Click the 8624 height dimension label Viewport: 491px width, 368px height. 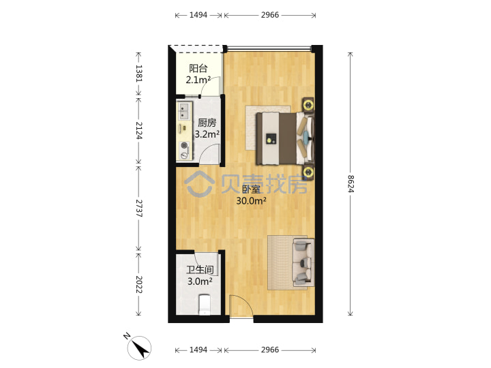click(351, 184)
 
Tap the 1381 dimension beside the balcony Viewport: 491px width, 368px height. click(138, 74)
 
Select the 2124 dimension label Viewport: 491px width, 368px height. click(138, 130)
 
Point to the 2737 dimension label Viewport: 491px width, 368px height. click(138, 209)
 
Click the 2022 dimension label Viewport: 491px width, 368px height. click(138, 284)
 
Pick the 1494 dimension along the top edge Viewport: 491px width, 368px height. click(198, 15)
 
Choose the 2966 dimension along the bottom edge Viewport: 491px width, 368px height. click(270, 350)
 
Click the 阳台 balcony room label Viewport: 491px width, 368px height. click(198, 68)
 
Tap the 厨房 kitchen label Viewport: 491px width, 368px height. click(207, 123)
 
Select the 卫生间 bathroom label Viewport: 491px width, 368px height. click(200, 270)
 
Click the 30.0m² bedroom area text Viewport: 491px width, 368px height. click(251, 200)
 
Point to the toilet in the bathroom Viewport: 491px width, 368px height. click(205, 304)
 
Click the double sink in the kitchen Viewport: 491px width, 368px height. click(184, 111)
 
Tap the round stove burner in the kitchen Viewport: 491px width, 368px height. click(184, 145)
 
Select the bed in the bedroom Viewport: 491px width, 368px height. click(284, 138)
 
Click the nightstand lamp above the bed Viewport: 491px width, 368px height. click(308, 104)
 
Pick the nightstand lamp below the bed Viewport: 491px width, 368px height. click(308, 172)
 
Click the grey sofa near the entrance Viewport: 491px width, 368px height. click(303, 262)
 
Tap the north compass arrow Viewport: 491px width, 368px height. click(140, 348)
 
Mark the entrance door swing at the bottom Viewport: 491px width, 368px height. click(241, 307)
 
